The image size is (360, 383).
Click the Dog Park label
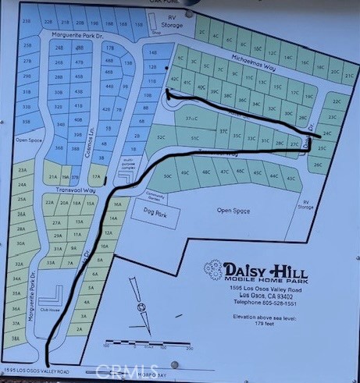pos(148,209)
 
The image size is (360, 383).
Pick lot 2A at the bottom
pos(79,329)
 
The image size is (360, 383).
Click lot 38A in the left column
pos(16,339)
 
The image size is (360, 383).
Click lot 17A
pos(98,177)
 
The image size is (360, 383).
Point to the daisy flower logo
pos(212,271)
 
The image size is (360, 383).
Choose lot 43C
pos(291,179)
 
